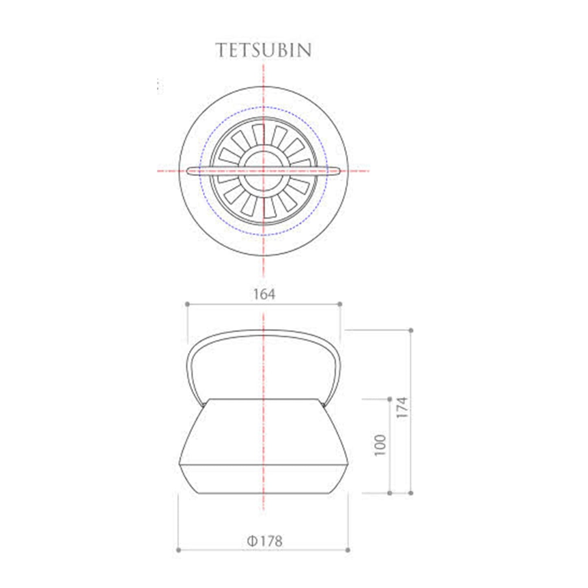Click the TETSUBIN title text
(x=264, y=50)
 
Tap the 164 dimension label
(x=264, y=294)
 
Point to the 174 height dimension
(x=402, y=407)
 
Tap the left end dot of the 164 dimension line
(x=187, y=304)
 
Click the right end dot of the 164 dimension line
(x=341, y=304)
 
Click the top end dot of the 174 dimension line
(x=411, y=330)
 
